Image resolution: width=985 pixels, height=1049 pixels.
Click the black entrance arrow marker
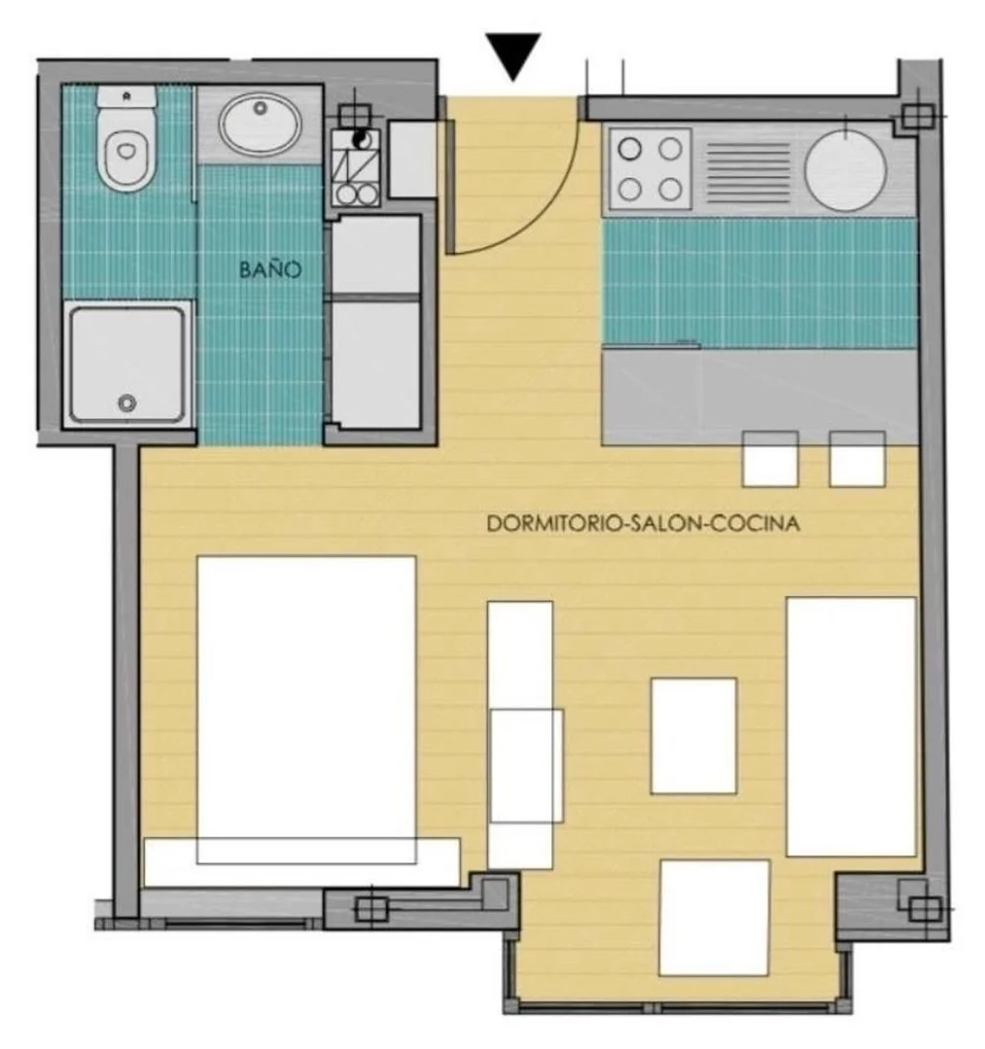click(x=512, y=54)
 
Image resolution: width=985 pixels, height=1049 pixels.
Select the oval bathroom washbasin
click(x=261, y=123)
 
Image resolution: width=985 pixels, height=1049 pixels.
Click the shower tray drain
click(x=127, y=402)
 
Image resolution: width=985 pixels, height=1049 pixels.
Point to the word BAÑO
click(x=270, y=269)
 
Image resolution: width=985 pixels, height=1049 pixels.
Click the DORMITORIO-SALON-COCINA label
click(x=643, y=523)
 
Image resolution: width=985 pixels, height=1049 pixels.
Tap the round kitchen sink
click(x=846, y=168)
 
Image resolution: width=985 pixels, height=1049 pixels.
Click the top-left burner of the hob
click(x=630, y=149)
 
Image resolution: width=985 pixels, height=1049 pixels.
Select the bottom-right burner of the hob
click(x=670, y=190)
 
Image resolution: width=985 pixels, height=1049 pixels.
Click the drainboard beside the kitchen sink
click(x=748, y=172)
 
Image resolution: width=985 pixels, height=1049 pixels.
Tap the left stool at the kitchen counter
click(x=770, y=459)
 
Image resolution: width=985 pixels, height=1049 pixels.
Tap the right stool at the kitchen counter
click(x=858, y=459)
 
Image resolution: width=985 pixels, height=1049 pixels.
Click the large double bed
click(x=306, y=709)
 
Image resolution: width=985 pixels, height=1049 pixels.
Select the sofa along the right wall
click(x=851, y=726)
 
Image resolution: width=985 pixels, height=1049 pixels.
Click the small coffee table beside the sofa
click(x=694, y=736)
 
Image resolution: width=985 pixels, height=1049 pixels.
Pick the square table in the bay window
click(x=714, y=918)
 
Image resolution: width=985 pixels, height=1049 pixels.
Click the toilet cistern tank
click(x=126, y=95)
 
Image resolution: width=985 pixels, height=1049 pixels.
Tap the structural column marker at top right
click(x=915, y=117)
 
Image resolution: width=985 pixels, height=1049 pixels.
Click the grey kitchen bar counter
click(x=760, y=397)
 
